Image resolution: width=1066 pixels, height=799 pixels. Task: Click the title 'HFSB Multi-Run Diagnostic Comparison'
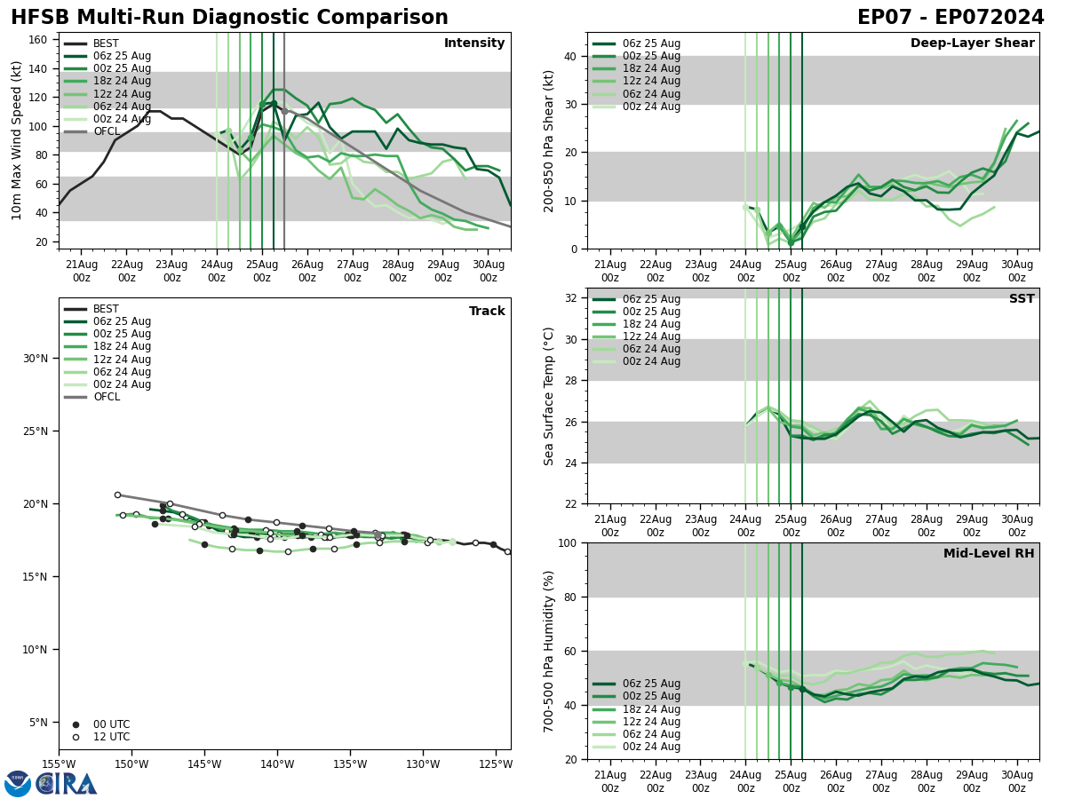coord(229,18)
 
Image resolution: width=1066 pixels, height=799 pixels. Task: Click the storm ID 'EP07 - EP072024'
coord(951,18)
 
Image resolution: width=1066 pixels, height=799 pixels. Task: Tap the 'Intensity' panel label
coord(474,44)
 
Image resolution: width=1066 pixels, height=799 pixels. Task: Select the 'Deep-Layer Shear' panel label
coord(972,44)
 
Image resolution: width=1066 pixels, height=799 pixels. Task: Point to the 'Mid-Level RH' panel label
coord(989,554)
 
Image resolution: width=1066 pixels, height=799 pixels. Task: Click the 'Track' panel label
coord(487,312)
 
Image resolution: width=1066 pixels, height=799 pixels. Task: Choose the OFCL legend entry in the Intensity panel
coord(106,131)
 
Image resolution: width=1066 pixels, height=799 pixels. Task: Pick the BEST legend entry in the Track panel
coord(106,309)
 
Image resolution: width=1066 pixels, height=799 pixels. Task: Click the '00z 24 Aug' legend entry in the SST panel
coord(652,361)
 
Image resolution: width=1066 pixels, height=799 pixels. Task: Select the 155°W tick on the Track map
coord(60,764)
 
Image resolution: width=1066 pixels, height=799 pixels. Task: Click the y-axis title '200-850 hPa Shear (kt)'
coord(549,140)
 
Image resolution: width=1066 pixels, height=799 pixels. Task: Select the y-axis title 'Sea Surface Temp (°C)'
coord(549,396)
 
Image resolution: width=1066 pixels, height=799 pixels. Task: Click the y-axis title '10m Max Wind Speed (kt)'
coord(17,140)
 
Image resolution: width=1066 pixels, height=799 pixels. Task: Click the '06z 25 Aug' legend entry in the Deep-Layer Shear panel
coord(652,44)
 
